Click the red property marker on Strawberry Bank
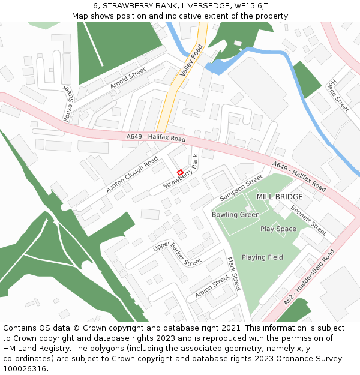click(179, 173)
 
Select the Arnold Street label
click(128, 78)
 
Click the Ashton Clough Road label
click(131, 175)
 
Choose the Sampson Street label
click(241, 187)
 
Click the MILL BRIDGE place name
click(280, 197)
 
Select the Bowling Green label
click(236, 214)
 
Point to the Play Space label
click(278, 229)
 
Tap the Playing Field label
click(262, 257)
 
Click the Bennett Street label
click(308, 220)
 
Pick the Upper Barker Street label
click(177, 254)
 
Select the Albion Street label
click(212, 287)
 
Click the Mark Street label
click(233, 274)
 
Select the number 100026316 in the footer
click(25, 368)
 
